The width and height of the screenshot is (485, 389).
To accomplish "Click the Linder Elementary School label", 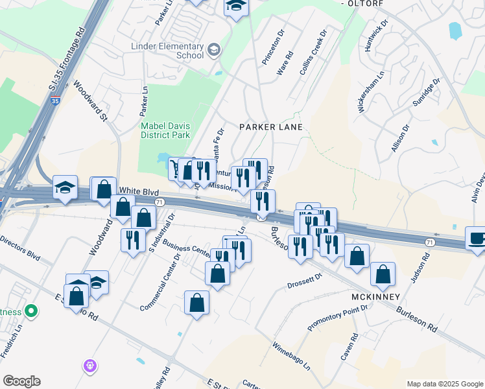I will pyautogui.click(x=167, y=51).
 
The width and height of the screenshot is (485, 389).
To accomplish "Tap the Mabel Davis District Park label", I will pyautogui.click(x=165, y=130).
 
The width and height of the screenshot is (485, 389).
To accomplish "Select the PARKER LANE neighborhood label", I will pyautogui.click(x=271, y=127).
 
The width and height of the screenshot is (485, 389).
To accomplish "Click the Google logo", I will pyautogui.click(x=21, y=381).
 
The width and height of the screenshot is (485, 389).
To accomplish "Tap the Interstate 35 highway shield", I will pyautogui.click(x=55, y=101).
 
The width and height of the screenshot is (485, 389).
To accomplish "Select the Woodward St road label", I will pyautogui.click(x=90, y=100).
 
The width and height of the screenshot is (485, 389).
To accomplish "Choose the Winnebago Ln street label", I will pyautogui.click(x=292, y=356).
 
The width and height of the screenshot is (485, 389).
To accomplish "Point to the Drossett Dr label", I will pyautogui.click(x=305, y=281).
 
